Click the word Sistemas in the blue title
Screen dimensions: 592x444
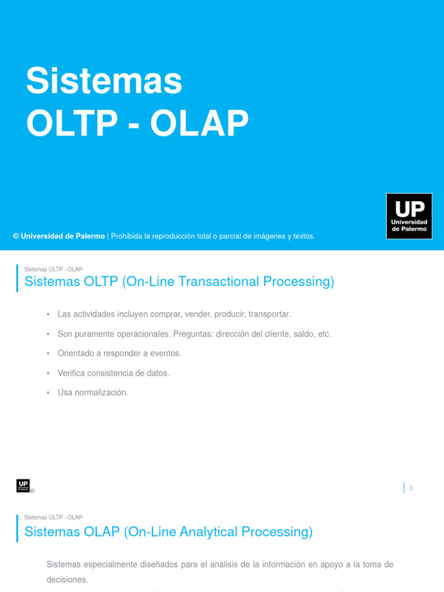[x=104, y=82]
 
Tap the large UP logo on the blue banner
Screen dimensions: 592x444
[x=409, y=216]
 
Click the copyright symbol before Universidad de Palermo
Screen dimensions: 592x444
[x=16, y=236]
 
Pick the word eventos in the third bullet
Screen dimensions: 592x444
[x=166, y=353]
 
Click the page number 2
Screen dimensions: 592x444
[x=411, y=488]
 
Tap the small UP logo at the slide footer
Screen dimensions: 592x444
[x=23, y=486]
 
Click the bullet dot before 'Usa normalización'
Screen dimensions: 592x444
[x=48, y=393]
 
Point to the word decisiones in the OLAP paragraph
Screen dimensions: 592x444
[x=67, y=579]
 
